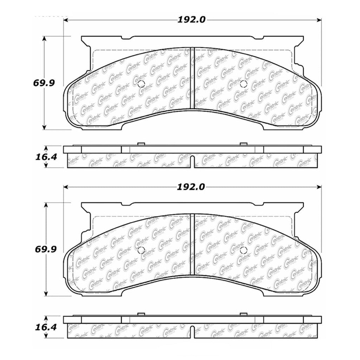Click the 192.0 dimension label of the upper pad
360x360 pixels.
point(191,20)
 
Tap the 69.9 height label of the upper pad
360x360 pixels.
point(45,84)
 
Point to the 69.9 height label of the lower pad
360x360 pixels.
point(45,250)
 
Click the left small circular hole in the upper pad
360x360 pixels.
point(141,84)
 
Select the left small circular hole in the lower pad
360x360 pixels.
point(141,250)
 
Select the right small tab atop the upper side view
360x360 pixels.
point(243,144)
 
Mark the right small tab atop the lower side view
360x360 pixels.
point(243,314)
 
